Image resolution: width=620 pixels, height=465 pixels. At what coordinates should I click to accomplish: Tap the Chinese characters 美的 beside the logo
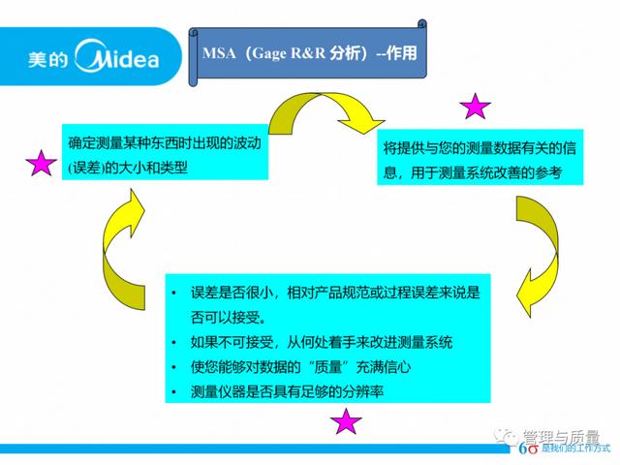(47, 60)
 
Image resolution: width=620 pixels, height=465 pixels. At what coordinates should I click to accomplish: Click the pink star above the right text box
(475, 107)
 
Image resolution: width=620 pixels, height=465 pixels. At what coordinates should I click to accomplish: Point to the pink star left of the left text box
(41, 163)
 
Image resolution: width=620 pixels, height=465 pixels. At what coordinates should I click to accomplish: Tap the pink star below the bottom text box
(346, 421)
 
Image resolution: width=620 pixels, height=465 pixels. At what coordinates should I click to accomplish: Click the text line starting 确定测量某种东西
(165, 143)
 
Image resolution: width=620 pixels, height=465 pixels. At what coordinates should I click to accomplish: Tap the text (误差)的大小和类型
(128, 168)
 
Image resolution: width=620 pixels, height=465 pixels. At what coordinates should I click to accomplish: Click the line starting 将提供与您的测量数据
(480, 148)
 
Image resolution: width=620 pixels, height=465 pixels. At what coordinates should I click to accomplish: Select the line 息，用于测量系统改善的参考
(473, 172)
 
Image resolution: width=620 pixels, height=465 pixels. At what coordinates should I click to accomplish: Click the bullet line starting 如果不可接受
(321, 342)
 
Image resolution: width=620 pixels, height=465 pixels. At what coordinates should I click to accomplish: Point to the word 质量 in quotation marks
(327, 367)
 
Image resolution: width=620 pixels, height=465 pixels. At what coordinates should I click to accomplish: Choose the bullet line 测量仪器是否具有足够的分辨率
(287, 391)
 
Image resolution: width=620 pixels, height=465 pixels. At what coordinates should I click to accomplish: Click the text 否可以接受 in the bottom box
(225, 317)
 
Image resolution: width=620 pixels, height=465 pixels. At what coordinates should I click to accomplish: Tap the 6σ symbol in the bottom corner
(528, 449)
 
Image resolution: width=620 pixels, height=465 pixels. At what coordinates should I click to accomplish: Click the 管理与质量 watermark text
(561, 437)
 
